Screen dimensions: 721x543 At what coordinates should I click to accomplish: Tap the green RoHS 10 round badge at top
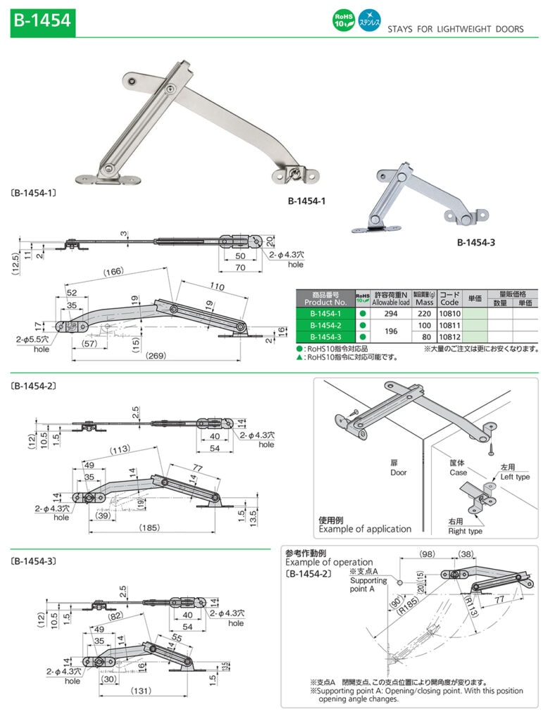click(343, 21)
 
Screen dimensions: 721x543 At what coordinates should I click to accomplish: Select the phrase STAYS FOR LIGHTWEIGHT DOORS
click(455, 29)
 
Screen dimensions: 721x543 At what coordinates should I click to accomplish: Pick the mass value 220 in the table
click(423, 313)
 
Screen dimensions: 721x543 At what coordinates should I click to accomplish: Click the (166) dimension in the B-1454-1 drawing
click(113, 272)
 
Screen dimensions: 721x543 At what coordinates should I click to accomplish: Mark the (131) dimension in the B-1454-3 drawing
click(142, 691)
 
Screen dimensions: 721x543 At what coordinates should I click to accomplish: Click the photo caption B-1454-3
click(475, 242)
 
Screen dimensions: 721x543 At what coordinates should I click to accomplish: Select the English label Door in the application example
click(399, 472)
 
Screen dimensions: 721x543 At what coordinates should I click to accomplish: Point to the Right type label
click(466, 531)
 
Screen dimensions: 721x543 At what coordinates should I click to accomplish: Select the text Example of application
click(365, 529)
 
